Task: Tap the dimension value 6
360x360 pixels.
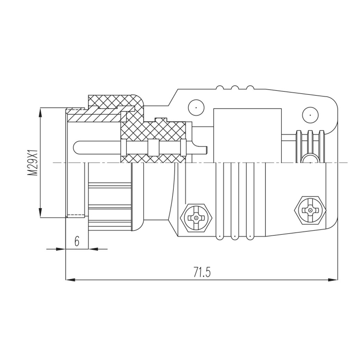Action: point(77,241)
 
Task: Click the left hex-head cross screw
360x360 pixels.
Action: point(196,217)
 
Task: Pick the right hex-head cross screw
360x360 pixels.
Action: point(310,210)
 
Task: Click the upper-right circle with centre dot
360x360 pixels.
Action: point(310,115)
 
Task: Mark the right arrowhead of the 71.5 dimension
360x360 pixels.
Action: point(333,280)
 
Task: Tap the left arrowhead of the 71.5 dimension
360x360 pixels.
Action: point(71,280)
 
